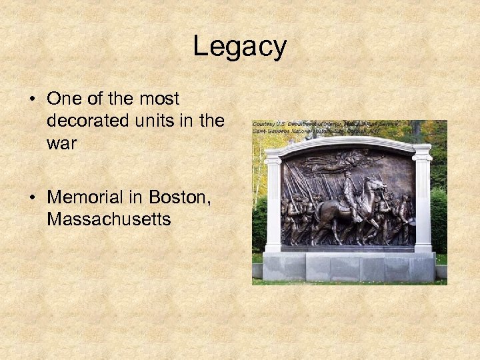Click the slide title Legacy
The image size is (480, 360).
(x=239, y=47)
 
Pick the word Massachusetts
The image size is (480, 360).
(x=109, y=219)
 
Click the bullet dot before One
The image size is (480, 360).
(x=31, y=99)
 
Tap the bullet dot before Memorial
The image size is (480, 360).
(x=31, y=198)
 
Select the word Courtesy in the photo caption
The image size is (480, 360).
(x=264, y=123)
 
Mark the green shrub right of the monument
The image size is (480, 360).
(x=439, y=220)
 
